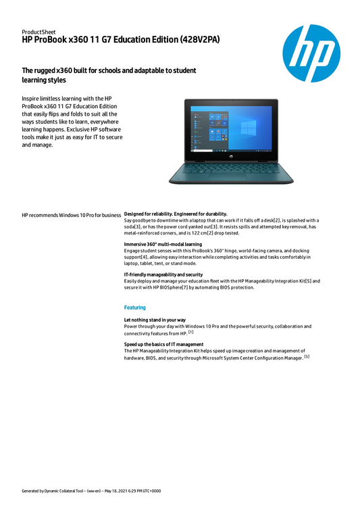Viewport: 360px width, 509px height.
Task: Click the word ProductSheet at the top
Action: pyautogui.click(x=38, y=32)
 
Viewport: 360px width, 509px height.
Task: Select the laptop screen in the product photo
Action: pyautogui.click(x=222, y=128)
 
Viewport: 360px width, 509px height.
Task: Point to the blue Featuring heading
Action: pyautogui.click(x=135, y=308)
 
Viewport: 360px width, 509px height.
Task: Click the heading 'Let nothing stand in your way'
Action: pyautogui.click(x=155, y=319)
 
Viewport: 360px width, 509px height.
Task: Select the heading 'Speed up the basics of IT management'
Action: pyautogui.click(x=163, y=344)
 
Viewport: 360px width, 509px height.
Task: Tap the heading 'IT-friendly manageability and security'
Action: pyautogui.click(x=163, y=274)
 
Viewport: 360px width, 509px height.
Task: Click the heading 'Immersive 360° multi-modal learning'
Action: pyautogui.click(x=163, y=243)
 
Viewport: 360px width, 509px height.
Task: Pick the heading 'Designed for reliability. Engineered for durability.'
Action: pyautogui.click(x=176, y=214)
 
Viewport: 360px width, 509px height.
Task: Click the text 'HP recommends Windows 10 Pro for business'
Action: pyautogui.click(x=71, y=214)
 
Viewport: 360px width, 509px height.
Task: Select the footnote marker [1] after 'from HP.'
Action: pyautogui.click(x=191, y=332)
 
